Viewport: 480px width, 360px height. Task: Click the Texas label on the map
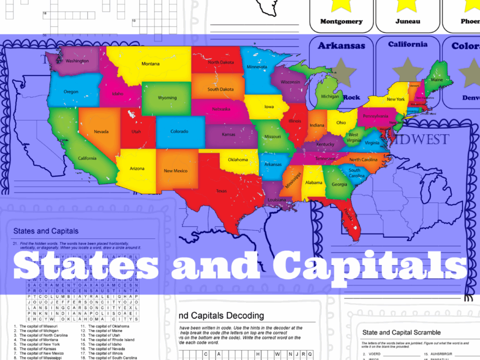221,191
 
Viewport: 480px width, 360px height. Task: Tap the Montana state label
151,64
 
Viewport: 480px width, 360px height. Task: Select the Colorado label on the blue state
179,131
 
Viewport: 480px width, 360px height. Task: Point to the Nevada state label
101,131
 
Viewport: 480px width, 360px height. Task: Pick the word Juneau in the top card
408,21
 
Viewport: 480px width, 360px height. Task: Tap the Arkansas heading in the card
341,46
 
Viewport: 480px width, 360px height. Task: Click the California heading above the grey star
408,44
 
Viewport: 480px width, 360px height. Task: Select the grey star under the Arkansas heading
341,70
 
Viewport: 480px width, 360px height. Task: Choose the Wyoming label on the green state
167,98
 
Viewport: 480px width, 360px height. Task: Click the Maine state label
437,80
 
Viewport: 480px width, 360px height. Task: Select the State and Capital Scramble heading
401,332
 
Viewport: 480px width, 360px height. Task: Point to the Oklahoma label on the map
238,160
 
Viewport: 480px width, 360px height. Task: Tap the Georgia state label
339,184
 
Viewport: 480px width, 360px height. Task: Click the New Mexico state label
176,171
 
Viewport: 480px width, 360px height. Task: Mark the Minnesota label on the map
256,67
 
